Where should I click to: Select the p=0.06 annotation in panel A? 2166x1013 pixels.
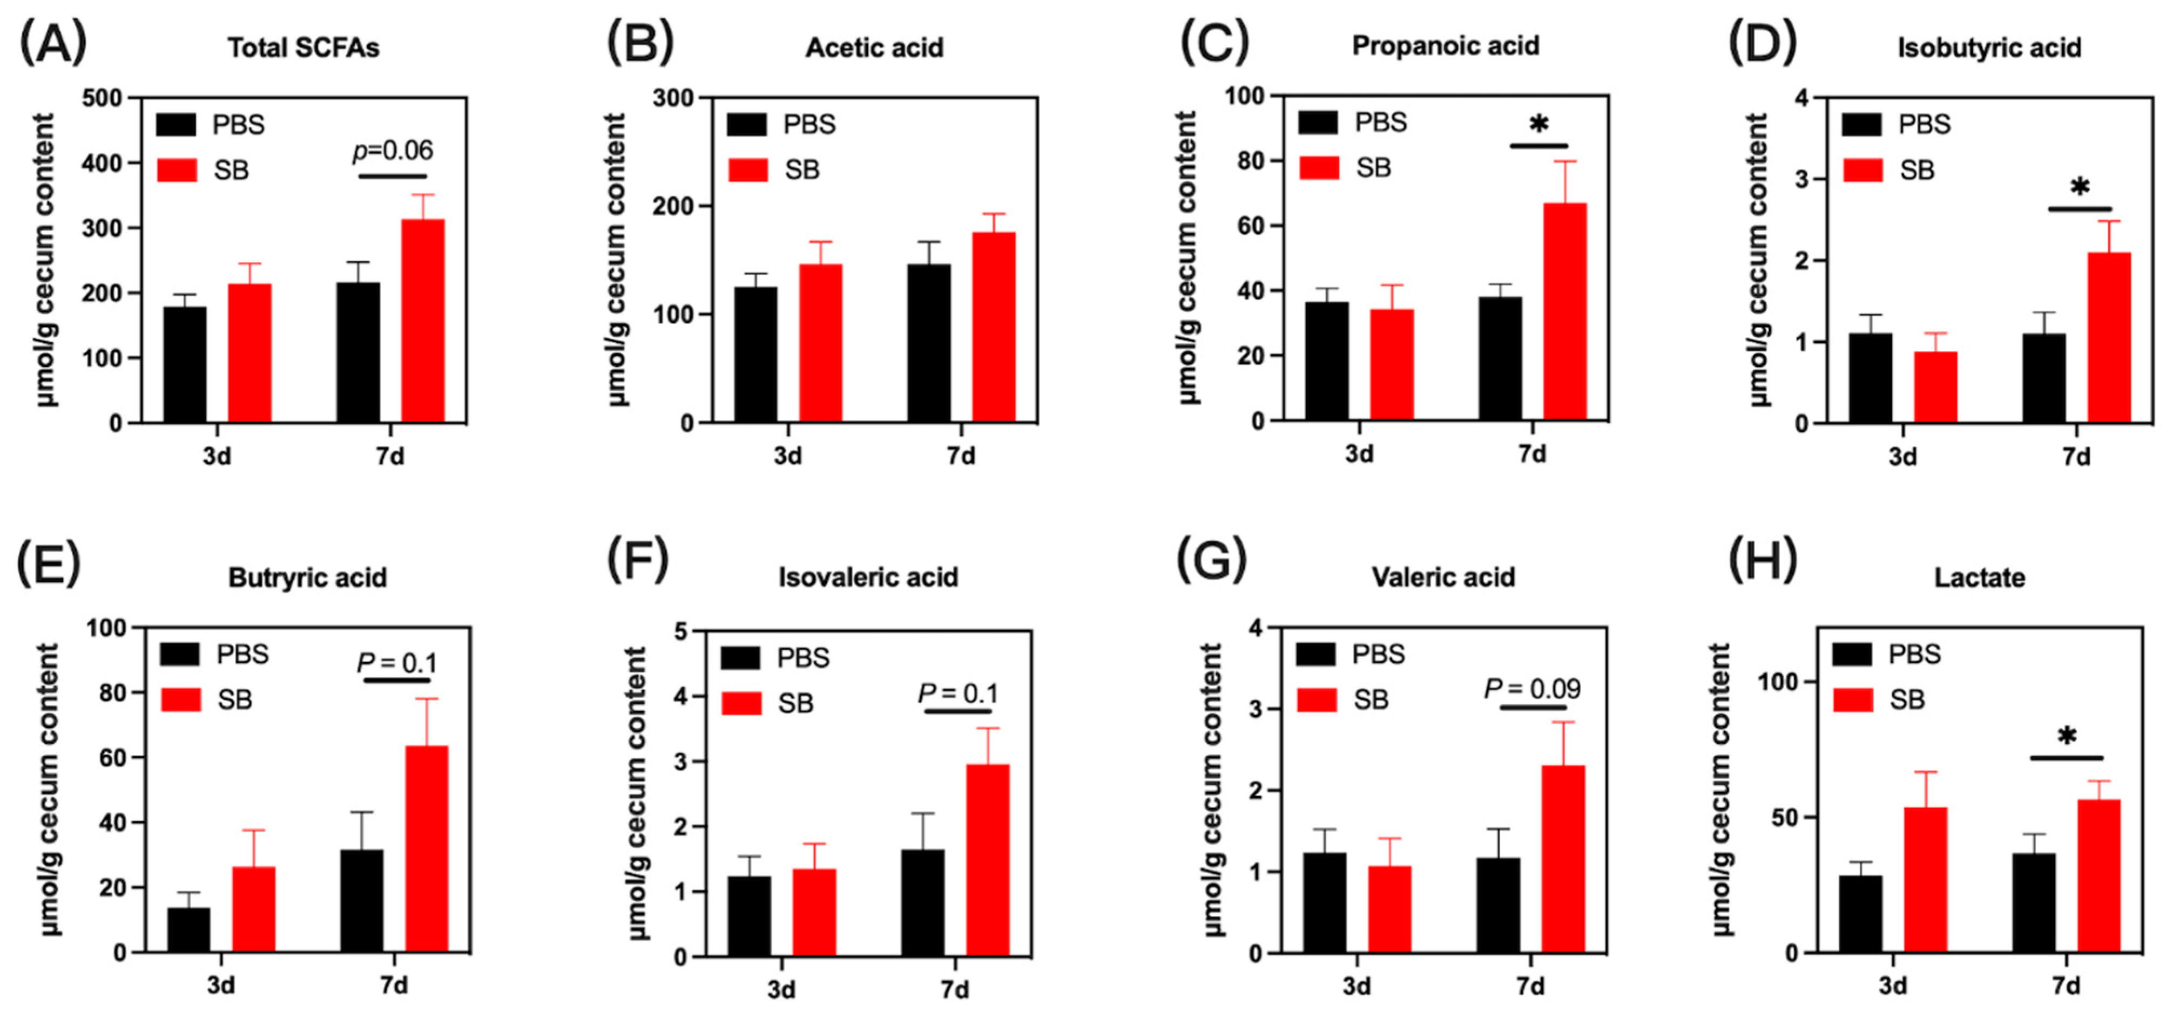pyautogui.click(x=393, y=151)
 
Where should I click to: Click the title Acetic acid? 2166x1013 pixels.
pyautogui.click(x=874, y=48)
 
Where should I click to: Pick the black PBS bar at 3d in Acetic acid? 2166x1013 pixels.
pyautogui.click(x=756, y=354)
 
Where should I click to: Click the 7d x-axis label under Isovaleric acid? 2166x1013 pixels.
pyautogui.click(x=954, y=989)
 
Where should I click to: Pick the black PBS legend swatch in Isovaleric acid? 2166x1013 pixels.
pyautogui.click(x=740, y=658)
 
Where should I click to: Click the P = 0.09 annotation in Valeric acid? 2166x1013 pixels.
pyautogui.click(x=1532, y=689)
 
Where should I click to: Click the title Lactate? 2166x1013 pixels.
pyautogui.click(x=1979, y=579)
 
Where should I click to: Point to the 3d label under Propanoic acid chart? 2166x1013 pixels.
pyautogui.click(x=1359, y=455)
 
